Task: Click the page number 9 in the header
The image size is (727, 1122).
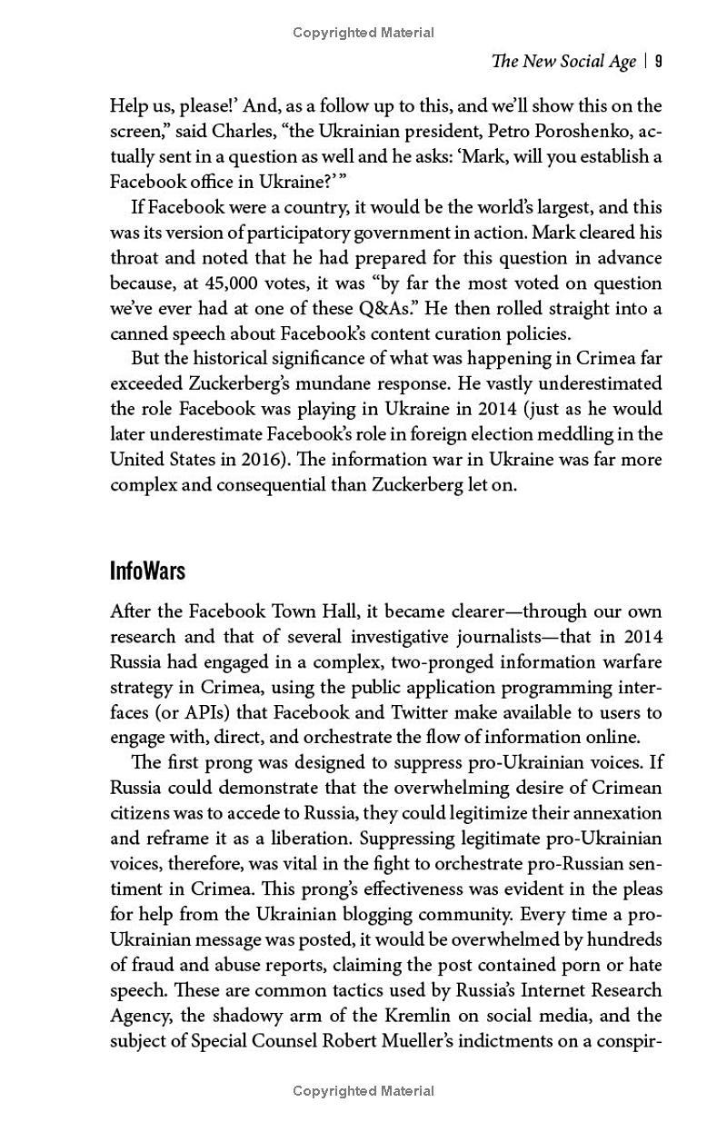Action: click(658, 62)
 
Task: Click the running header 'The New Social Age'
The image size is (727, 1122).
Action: click(563, 62)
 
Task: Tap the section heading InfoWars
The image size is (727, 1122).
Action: click(147, 571)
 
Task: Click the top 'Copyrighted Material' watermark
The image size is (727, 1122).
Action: click(363, 33)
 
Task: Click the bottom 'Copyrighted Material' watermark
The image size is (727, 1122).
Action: click(363, 1091)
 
